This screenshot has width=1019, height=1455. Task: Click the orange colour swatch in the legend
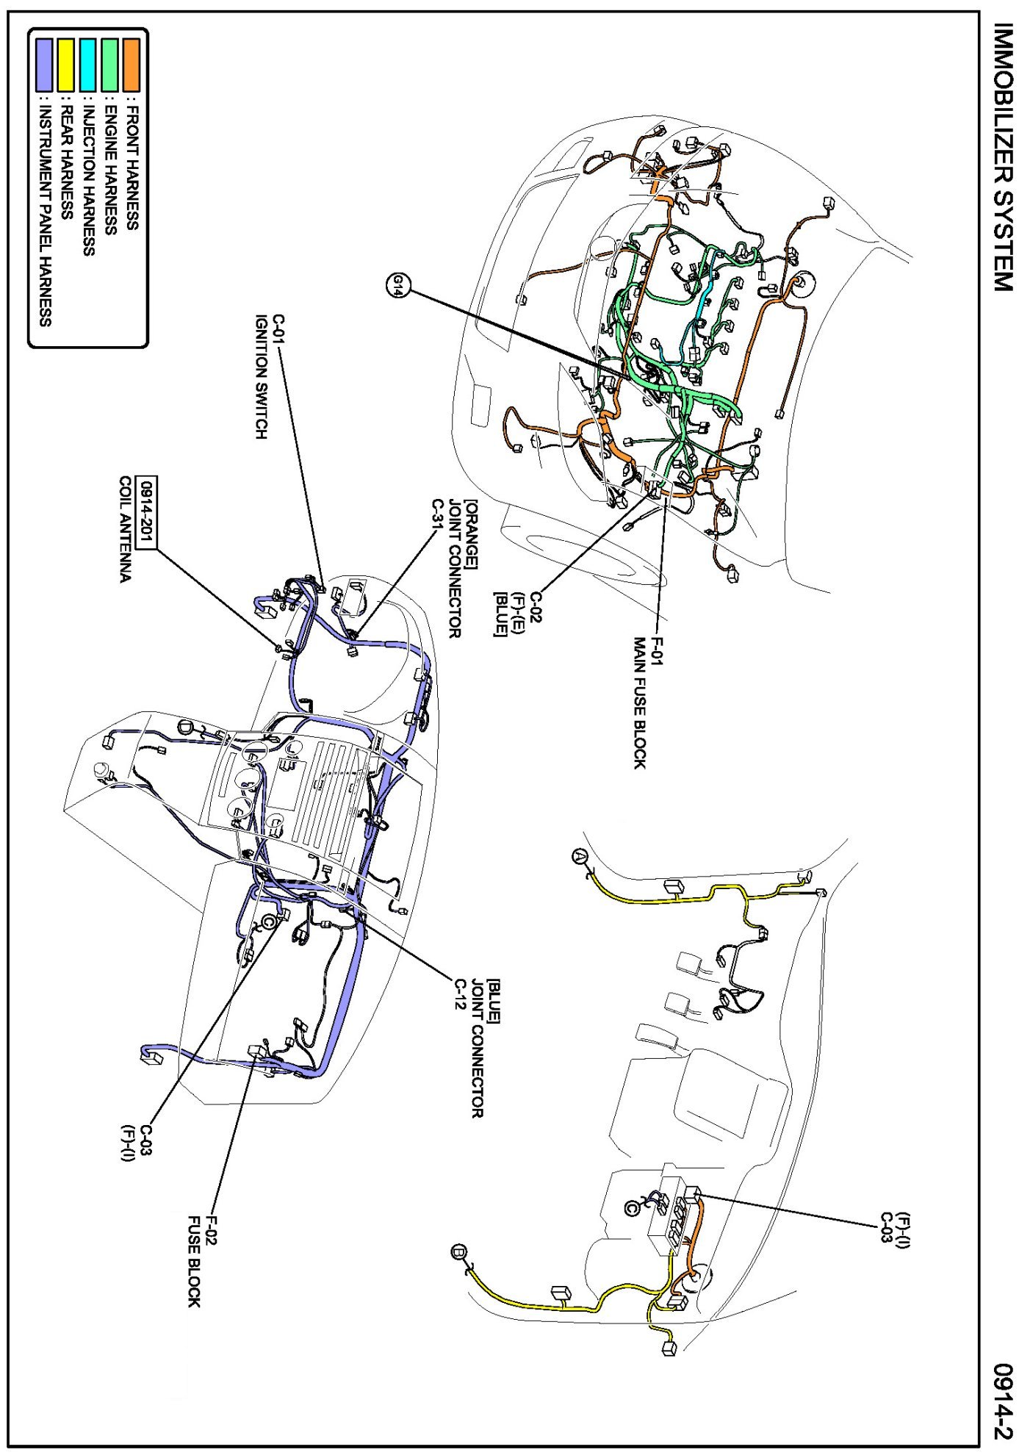(x=132, y=65)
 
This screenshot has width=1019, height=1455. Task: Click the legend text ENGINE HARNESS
(x=110, y=170)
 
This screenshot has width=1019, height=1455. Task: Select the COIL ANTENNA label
(x=126, y=529)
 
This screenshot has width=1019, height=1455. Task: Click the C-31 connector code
(x=437, y=517)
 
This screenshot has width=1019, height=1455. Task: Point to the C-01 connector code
(x=278, y=331)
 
